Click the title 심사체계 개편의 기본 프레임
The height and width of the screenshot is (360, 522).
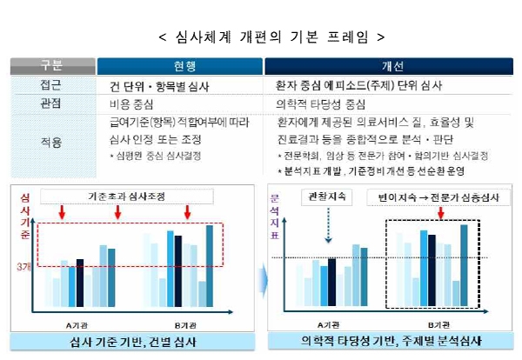(261, 37)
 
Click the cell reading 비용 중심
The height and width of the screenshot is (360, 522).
(130, 103)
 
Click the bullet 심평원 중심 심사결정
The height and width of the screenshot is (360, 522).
(159, 158)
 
